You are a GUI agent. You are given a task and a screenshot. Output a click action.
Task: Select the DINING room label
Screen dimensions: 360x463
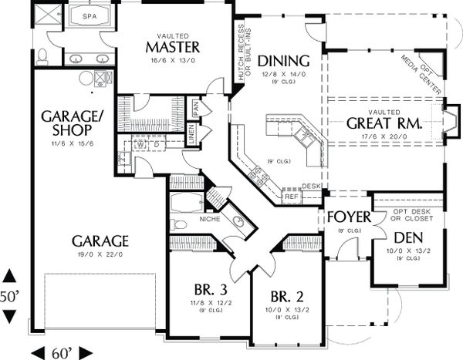pos(283,61)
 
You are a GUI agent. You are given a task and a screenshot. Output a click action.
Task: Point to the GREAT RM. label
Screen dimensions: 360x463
pos(383,123)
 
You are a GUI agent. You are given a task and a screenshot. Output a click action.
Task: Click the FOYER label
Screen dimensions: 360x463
pos(349,217)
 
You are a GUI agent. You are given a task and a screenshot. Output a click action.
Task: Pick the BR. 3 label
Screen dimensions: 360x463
pos(210,290)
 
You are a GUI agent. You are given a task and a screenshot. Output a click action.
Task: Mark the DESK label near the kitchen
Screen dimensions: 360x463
pos(311,187)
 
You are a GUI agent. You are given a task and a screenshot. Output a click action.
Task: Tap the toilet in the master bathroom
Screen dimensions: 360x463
pos(43,55)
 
